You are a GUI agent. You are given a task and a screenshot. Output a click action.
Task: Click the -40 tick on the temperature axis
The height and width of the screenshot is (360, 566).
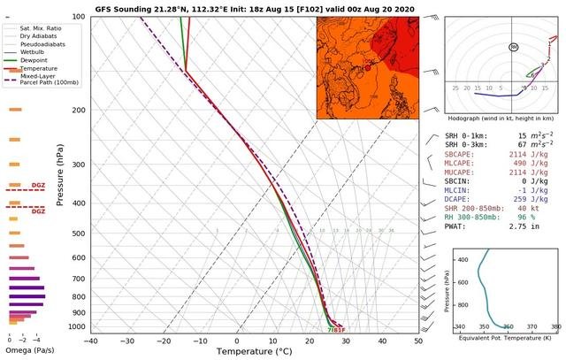[x=90, y=341]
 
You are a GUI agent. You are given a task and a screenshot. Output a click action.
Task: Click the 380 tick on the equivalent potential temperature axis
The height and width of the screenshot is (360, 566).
[x=555, y=326]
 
